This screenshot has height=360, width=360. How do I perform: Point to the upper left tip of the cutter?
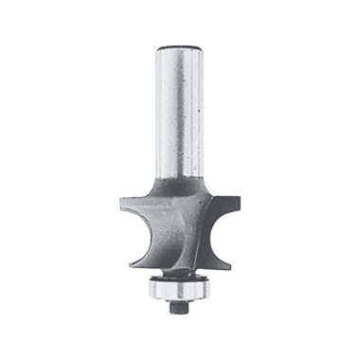(x=122, y=198)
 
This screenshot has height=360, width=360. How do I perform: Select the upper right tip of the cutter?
(x=237, y=199)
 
